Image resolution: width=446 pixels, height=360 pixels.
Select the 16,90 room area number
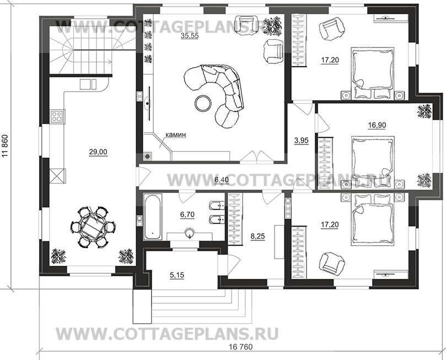[377, 125]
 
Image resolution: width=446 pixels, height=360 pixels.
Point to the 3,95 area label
[300, 140]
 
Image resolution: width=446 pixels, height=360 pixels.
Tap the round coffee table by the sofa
[203, 102]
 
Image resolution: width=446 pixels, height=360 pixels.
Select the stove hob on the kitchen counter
[57, 116]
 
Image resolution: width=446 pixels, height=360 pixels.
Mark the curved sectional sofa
[218, 91]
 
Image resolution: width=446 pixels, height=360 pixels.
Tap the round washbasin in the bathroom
[190, 232]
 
